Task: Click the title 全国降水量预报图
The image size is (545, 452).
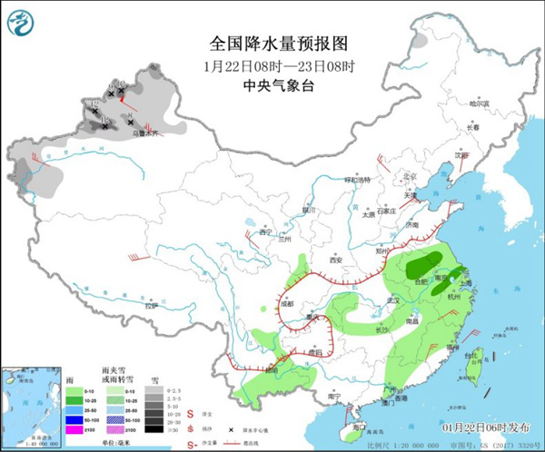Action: (x=272, y=43)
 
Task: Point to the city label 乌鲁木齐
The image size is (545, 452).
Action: (x=145, y=133)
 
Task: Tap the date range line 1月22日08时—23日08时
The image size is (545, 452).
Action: (x=272, y=65)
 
